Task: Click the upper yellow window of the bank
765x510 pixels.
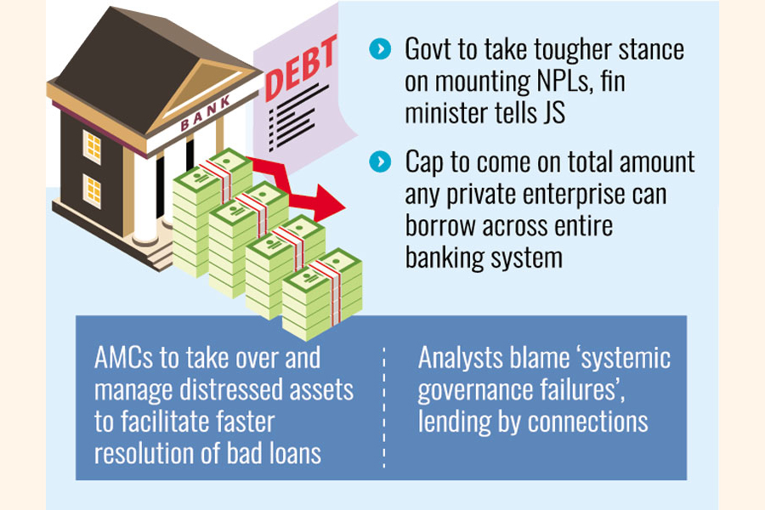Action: tap(92, 146)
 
